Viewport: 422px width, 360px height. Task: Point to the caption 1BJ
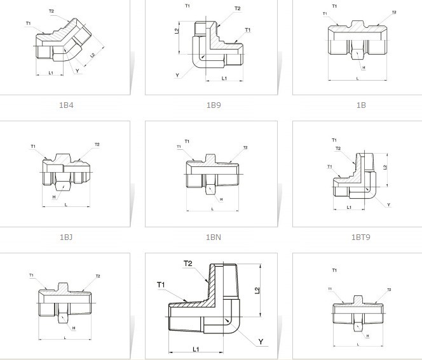coord(66,237)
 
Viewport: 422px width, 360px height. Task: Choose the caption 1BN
coord(213,237)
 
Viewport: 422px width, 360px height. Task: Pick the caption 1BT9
coord(360,237)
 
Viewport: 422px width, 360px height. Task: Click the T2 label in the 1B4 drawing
coord(51,11)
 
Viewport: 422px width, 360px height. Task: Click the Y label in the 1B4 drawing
coord(77,71)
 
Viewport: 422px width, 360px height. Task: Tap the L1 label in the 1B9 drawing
coord(224,78)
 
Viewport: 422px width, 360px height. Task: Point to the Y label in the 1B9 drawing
coord(178,76)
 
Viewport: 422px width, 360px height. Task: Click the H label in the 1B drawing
coord(364,67)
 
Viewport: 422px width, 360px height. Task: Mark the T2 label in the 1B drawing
coord(394,12)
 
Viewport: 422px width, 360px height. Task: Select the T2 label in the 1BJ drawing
coord(97,145)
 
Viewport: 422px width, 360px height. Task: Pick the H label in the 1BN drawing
coord(221,200)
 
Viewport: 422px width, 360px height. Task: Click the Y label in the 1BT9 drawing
coord(388,204)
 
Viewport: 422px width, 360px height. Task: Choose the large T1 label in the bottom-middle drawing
coord(161,284)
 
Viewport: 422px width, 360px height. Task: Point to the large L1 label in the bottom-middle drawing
coord(196,350)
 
